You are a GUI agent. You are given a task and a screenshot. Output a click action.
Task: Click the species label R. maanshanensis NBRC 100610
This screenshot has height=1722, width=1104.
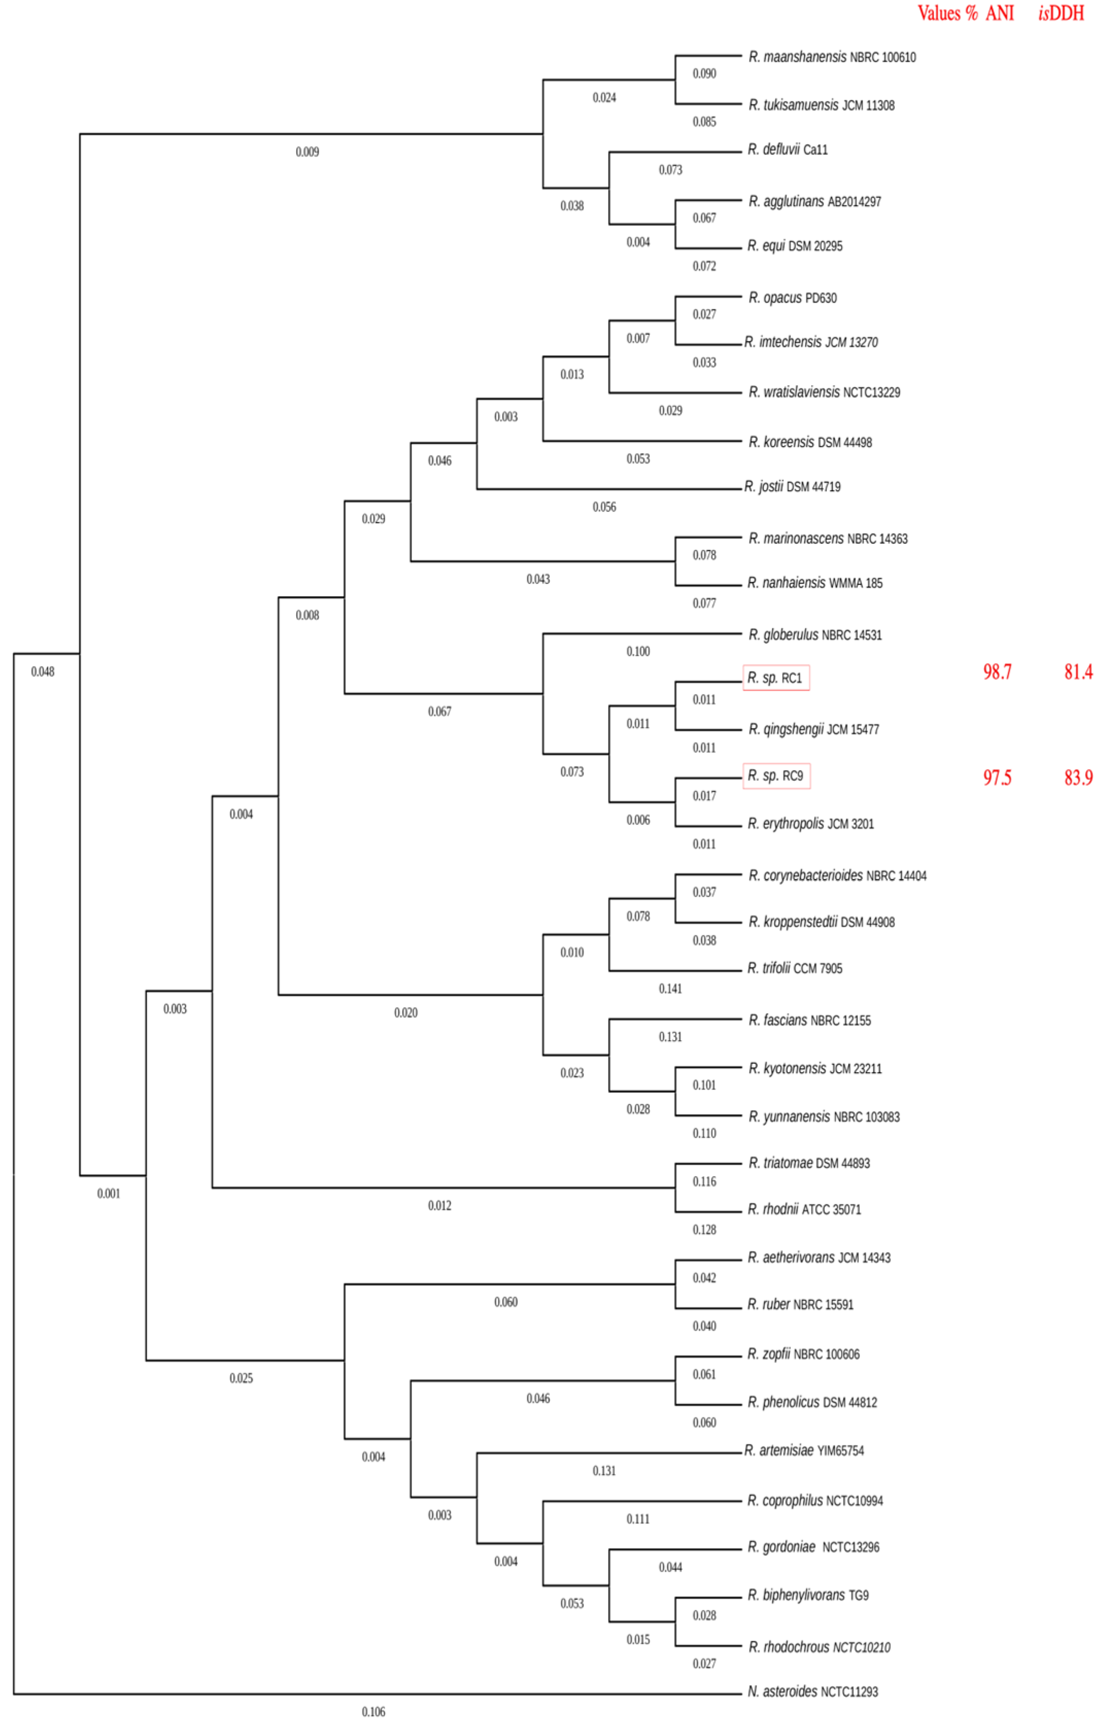[x=832, y=57]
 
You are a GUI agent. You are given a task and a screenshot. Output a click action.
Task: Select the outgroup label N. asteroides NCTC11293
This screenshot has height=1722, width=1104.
[x=812, y=1691]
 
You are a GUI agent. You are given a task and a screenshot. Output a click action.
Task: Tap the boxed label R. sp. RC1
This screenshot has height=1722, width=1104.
[x=775, y=678]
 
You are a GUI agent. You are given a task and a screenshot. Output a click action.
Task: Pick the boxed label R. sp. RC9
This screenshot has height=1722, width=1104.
[x=775, y=776]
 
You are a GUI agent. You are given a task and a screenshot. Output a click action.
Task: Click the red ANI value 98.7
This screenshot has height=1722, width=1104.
[x=996, y=671]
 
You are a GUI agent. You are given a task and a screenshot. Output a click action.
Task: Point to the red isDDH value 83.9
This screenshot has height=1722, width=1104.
[x=1077, y=777]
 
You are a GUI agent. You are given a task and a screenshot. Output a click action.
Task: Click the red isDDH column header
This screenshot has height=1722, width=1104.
[x=1060, y=13]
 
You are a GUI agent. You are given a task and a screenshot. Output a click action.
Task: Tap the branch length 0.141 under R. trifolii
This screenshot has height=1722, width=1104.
[x=670, y=989]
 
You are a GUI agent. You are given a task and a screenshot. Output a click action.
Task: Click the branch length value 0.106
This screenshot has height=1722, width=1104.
[x=373, y=1711]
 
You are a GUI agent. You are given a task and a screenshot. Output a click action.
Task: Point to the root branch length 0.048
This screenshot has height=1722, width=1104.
[x=42, y=671]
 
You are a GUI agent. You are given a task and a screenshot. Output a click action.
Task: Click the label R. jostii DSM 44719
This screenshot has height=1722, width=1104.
[x=791, y=487]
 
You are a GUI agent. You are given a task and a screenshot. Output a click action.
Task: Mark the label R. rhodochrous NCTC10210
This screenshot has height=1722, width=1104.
[x=819, y=1647]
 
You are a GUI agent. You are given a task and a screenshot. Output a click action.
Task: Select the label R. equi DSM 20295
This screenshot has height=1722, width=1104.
[x=795, y=246]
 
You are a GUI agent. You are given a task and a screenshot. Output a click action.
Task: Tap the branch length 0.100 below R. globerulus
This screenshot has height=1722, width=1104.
[x=638, y=651]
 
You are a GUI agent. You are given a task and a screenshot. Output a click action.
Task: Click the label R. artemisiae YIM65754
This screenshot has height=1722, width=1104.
[x=804, y=1450]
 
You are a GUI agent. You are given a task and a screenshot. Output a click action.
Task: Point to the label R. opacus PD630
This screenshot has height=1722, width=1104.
[x=792, y=298]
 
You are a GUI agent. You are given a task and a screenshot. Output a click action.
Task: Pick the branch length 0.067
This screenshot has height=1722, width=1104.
[x=439, y=711]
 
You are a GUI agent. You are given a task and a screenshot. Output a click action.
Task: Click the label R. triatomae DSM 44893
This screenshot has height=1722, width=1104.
[x=808, y=1163]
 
